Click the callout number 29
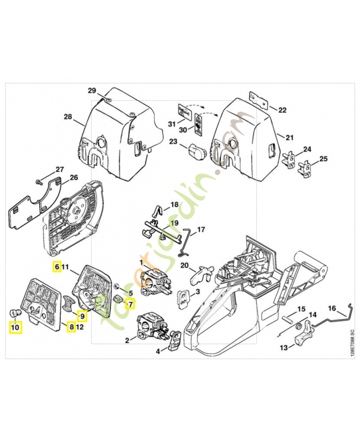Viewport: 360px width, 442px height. coord(92,91)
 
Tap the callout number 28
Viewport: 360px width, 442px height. coord(68,117)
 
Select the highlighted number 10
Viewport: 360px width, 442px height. coord(15,327)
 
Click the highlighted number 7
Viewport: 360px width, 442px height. coord(130,303)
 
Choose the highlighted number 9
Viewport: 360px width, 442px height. coord(82,316)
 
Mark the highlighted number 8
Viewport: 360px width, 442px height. coord(71,327)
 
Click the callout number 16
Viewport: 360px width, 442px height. coord(333,308)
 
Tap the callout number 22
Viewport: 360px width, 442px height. coord(282,110)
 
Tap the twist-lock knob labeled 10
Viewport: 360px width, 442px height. coord(16,313)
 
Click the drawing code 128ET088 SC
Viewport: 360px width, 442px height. coord(351,345)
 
